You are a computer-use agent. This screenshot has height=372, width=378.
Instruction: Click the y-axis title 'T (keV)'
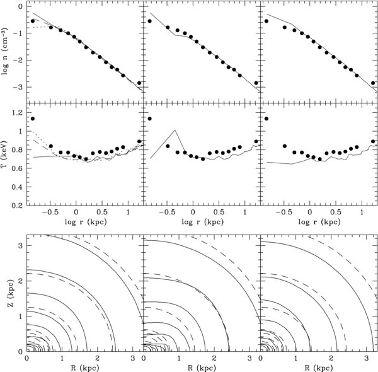pyautogui.click(x=5, y=154)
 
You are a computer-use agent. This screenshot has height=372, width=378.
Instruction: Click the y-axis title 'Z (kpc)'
pyautogui.click(x=11, y=293)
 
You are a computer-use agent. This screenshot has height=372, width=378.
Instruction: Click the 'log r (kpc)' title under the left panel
pyautogui.click(x=86, y=222)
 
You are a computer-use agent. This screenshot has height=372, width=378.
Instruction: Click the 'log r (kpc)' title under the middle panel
pyautogui.click(x=202, y=222)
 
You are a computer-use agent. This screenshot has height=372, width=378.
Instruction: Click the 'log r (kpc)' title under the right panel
pyautogui.click(x=319, y=222)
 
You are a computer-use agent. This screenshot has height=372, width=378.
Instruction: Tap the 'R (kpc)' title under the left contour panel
pyautogui.click(x=85, y=368)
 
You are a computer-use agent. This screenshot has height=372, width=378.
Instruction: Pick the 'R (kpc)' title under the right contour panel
pyautogui.click(x=319, y=368)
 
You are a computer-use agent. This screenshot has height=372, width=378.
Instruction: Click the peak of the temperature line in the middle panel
pyautogui.click(x=175, y=131)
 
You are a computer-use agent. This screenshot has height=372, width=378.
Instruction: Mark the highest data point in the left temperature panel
pyautogui.click(x=33, y=119)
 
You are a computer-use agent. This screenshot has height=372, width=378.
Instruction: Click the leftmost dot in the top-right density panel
pyautogui.click(x=266, y=21)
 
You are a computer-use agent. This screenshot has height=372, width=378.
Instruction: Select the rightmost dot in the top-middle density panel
pyautogui.click(x=256, y=83)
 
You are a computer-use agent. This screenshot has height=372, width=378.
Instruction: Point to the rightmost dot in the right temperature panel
pyautogui.click(x=373, y=141)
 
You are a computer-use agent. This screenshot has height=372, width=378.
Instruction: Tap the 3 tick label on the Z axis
pyautogui.click(x=21, y=246)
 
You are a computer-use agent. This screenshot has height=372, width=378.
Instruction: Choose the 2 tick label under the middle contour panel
pyautogui.click(x=214, y=359)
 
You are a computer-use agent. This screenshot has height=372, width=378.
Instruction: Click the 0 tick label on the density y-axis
pyautogui.click(x=21, y=6)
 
